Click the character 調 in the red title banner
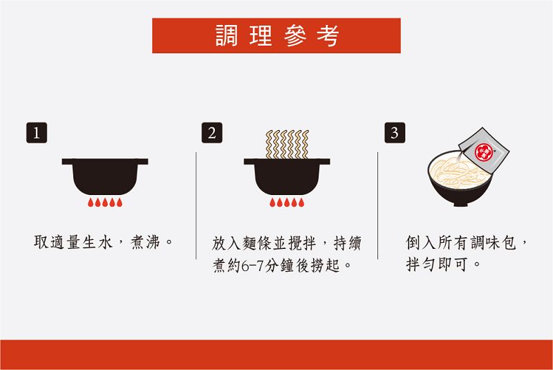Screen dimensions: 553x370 click(227, 35)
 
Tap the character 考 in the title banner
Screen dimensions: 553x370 click(328, 35)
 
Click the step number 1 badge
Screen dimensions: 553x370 click(37, 133)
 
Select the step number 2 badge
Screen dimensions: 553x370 click(212, 133)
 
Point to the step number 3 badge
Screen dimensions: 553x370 click(395, 133)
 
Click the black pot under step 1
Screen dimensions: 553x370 click(105, 176)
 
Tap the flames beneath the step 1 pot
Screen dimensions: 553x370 click(105, 202)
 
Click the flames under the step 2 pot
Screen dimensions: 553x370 click(287, 202)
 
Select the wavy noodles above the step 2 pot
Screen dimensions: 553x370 click(287, 145)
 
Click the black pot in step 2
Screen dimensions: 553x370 click(287, 176)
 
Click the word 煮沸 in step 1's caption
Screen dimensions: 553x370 click(145, 242)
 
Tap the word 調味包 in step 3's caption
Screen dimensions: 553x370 click(493, 243)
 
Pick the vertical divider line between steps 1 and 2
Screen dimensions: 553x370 click(196, 205)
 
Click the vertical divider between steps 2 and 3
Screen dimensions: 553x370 click(377, 205)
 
